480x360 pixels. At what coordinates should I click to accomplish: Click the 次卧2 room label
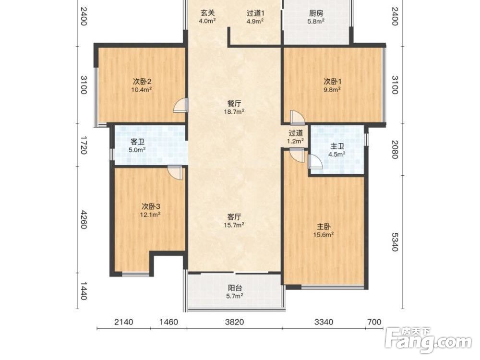pos(143,82)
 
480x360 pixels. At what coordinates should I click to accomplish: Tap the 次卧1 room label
pos(333,82)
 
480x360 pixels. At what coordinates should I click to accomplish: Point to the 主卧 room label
pos(323,227)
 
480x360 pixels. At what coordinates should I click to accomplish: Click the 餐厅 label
pos(234,104)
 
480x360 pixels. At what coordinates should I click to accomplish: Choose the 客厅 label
pos(234,217)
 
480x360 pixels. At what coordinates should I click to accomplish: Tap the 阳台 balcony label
pos(235,288)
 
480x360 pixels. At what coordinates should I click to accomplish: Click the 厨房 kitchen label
pos(316,13)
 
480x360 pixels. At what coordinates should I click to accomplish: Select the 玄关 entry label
pos(207,13)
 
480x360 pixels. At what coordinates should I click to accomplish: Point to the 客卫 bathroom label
pos(137,142)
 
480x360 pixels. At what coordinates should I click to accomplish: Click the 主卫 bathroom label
pos(337,146)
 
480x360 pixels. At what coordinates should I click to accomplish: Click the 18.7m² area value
pos(234,112)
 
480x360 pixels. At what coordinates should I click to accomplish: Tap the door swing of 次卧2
pos(180,106)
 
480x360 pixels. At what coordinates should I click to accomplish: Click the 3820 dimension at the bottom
pos(235,322)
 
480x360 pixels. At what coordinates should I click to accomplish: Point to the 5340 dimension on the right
pos(395,242)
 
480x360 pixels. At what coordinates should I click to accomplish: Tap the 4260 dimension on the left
pos(84,219)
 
